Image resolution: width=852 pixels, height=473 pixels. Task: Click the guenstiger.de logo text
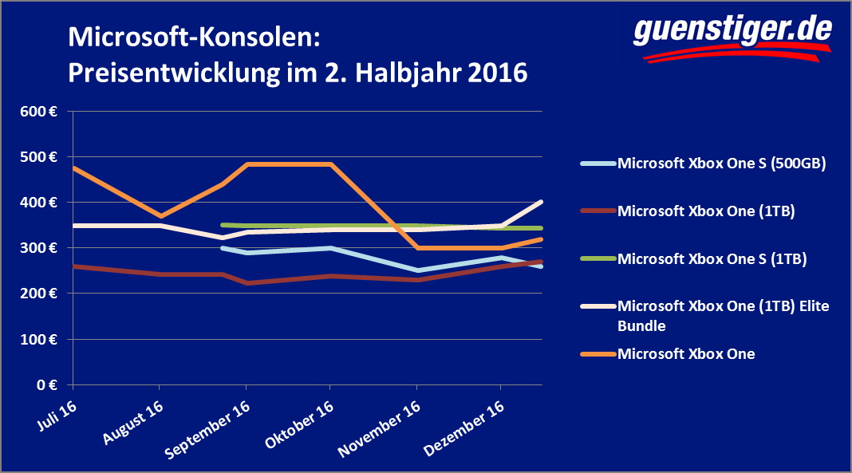point(732,30)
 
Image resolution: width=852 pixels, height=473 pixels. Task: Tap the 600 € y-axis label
point(38,112)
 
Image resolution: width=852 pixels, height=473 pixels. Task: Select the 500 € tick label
point(38,157)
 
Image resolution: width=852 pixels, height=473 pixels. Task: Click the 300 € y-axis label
point(38,248)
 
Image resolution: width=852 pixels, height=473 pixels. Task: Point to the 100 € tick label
point(38,340)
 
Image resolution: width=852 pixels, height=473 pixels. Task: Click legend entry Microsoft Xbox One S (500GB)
point(720,164)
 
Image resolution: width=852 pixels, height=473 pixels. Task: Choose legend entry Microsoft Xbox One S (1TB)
point(712,258)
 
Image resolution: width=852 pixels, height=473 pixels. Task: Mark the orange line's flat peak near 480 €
point(288,164)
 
